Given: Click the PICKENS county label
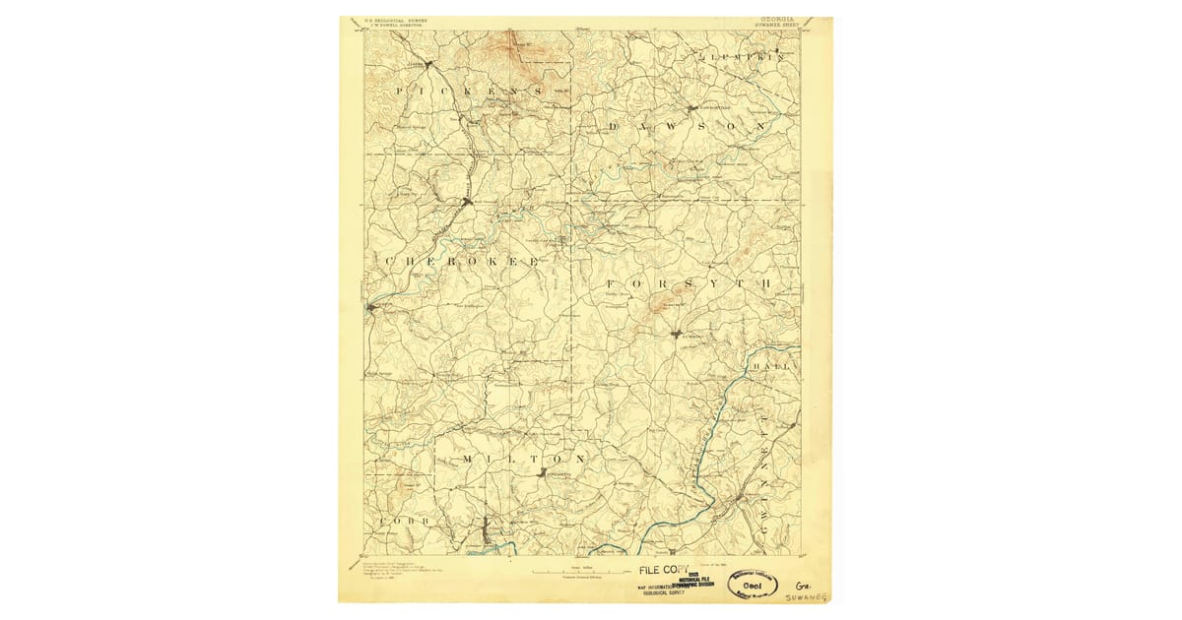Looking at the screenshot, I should tap(468, 91).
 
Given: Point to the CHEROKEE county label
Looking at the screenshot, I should tap(461, 261).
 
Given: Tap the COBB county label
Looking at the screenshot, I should tap(399, 519).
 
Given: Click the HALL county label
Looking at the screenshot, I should tap(771, 366).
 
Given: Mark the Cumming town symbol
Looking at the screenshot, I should tap(677, 335).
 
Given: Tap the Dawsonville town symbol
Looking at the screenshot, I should tap(694, 106).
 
